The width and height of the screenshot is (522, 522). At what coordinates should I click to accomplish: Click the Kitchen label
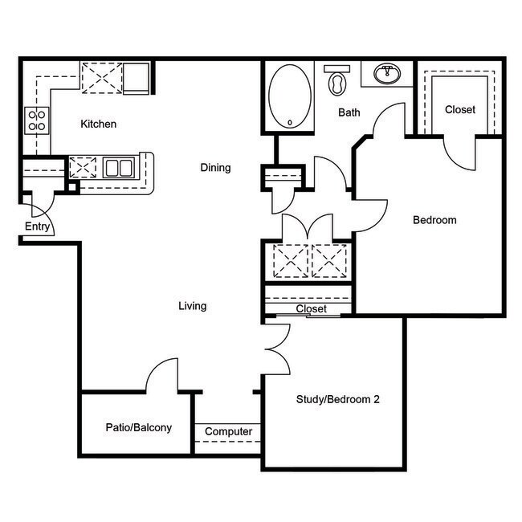point(99,124)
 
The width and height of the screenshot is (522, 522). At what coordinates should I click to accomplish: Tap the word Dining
point(215,168)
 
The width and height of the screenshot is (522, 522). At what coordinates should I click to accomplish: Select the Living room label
point(192,306)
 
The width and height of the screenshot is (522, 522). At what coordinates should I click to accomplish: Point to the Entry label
point(37,227)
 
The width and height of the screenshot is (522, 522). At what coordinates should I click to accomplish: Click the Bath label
point(349,112)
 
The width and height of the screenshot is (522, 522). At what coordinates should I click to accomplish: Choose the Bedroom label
point(434,220)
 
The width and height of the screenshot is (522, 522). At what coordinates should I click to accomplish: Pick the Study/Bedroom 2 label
point(337,399)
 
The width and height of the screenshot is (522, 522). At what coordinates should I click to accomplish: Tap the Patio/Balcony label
point(138,427)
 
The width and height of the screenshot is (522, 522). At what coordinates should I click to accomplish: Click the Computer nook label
point(228,432)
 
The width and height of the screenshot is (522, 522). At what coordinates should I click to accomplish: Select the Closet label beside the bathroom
point(459,109)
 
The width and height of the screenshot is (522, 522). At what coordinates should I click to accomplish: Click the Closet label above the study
point(311,309)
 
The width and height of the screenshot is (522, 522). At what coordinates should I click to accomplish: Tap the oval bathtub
point(290,96)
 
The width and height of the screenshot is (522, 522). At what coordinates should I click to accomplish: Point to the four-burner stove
point(37,120)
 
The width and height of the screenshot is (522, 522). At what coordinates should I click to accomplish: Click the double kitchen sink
point(118,168)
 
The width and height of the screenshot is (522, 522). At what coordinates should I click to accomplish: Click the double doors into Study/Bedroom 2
point(277,349)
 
